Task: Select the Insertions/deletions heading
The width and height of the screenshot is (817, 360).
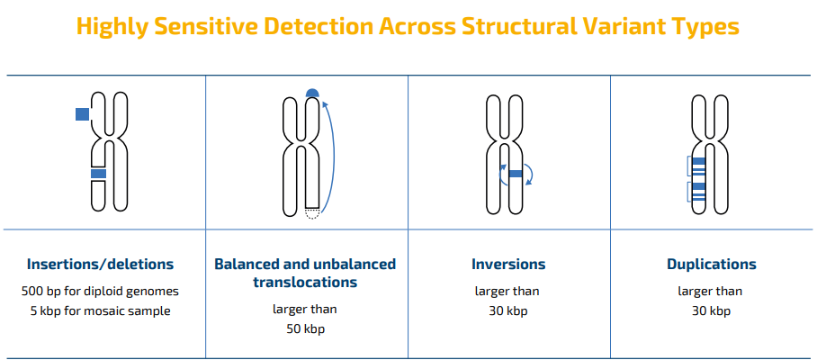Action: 100,264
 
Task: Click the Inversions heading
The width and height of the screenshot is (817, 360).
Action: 508,264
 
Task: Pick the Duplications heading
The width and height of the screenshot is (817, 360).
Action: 712,264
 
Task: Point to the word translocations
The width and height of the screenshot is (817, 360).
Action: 305,283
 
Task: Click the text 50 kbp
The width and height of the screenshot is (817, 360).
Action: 305,329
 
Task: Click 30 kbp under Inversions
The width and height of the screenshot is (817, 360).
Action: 508,311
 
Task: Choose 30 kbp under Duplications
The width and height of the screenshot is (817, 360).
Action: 711,311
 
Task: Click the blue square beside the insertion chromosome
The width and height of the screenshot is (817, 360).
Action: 82,114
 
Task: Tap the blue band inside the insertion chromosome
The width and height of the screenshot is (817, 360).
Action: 98,174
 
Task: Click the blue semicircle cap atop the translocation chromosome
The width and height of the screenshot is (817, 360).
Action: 312,93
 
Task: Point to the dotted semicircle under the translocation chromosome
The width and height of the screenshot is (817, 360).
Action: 312,213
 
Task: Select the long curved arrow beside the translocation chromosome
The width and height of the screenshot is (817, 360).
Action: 332,157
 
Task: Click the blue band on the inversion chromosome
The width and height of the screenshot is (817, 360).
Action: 516,174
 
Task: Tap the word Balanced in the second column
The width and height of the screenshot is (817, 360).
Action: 245,264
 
